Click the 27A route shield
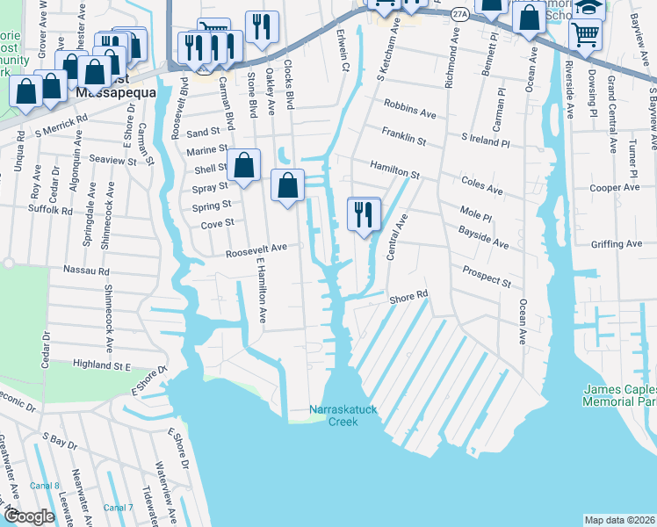tap(458, 15)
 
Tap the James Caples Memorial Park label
tap(621, 395)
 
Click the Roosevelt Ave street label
tap(256, 249)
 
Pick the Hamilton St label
tap(395, 170)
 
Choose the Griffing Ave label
tap(617, 245)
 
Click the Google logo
tap(30, 517)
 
